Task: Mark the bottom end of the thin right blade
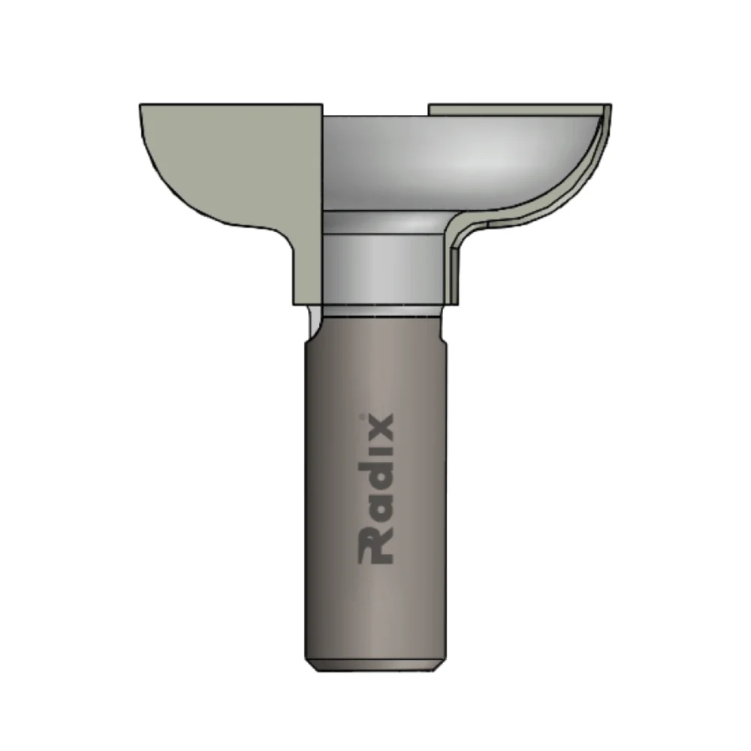pos(453,299)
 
